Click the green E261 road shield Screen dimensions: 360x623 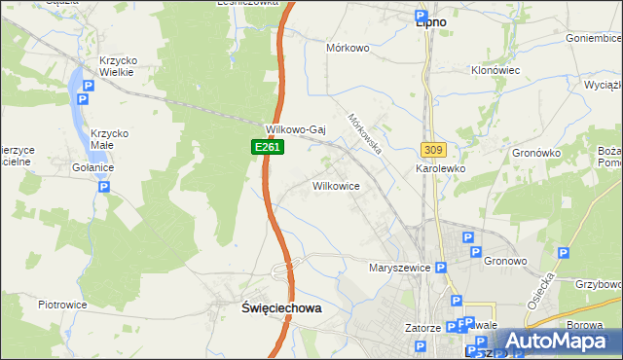point(258,146)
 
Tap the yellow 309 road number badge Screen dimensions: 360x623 point(434,149)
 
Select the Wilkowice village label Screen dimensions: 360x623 point(337,185)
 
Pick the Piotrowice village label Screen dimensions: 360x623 point(62,305)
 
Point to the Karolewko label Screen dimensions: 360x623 point(441,168)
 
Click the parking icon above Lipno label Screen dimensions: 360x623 point(420,16)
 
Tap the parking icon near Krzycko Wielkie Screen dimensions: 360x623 point(88,87)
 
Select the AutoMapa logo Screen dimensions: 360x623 point(556,342)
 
